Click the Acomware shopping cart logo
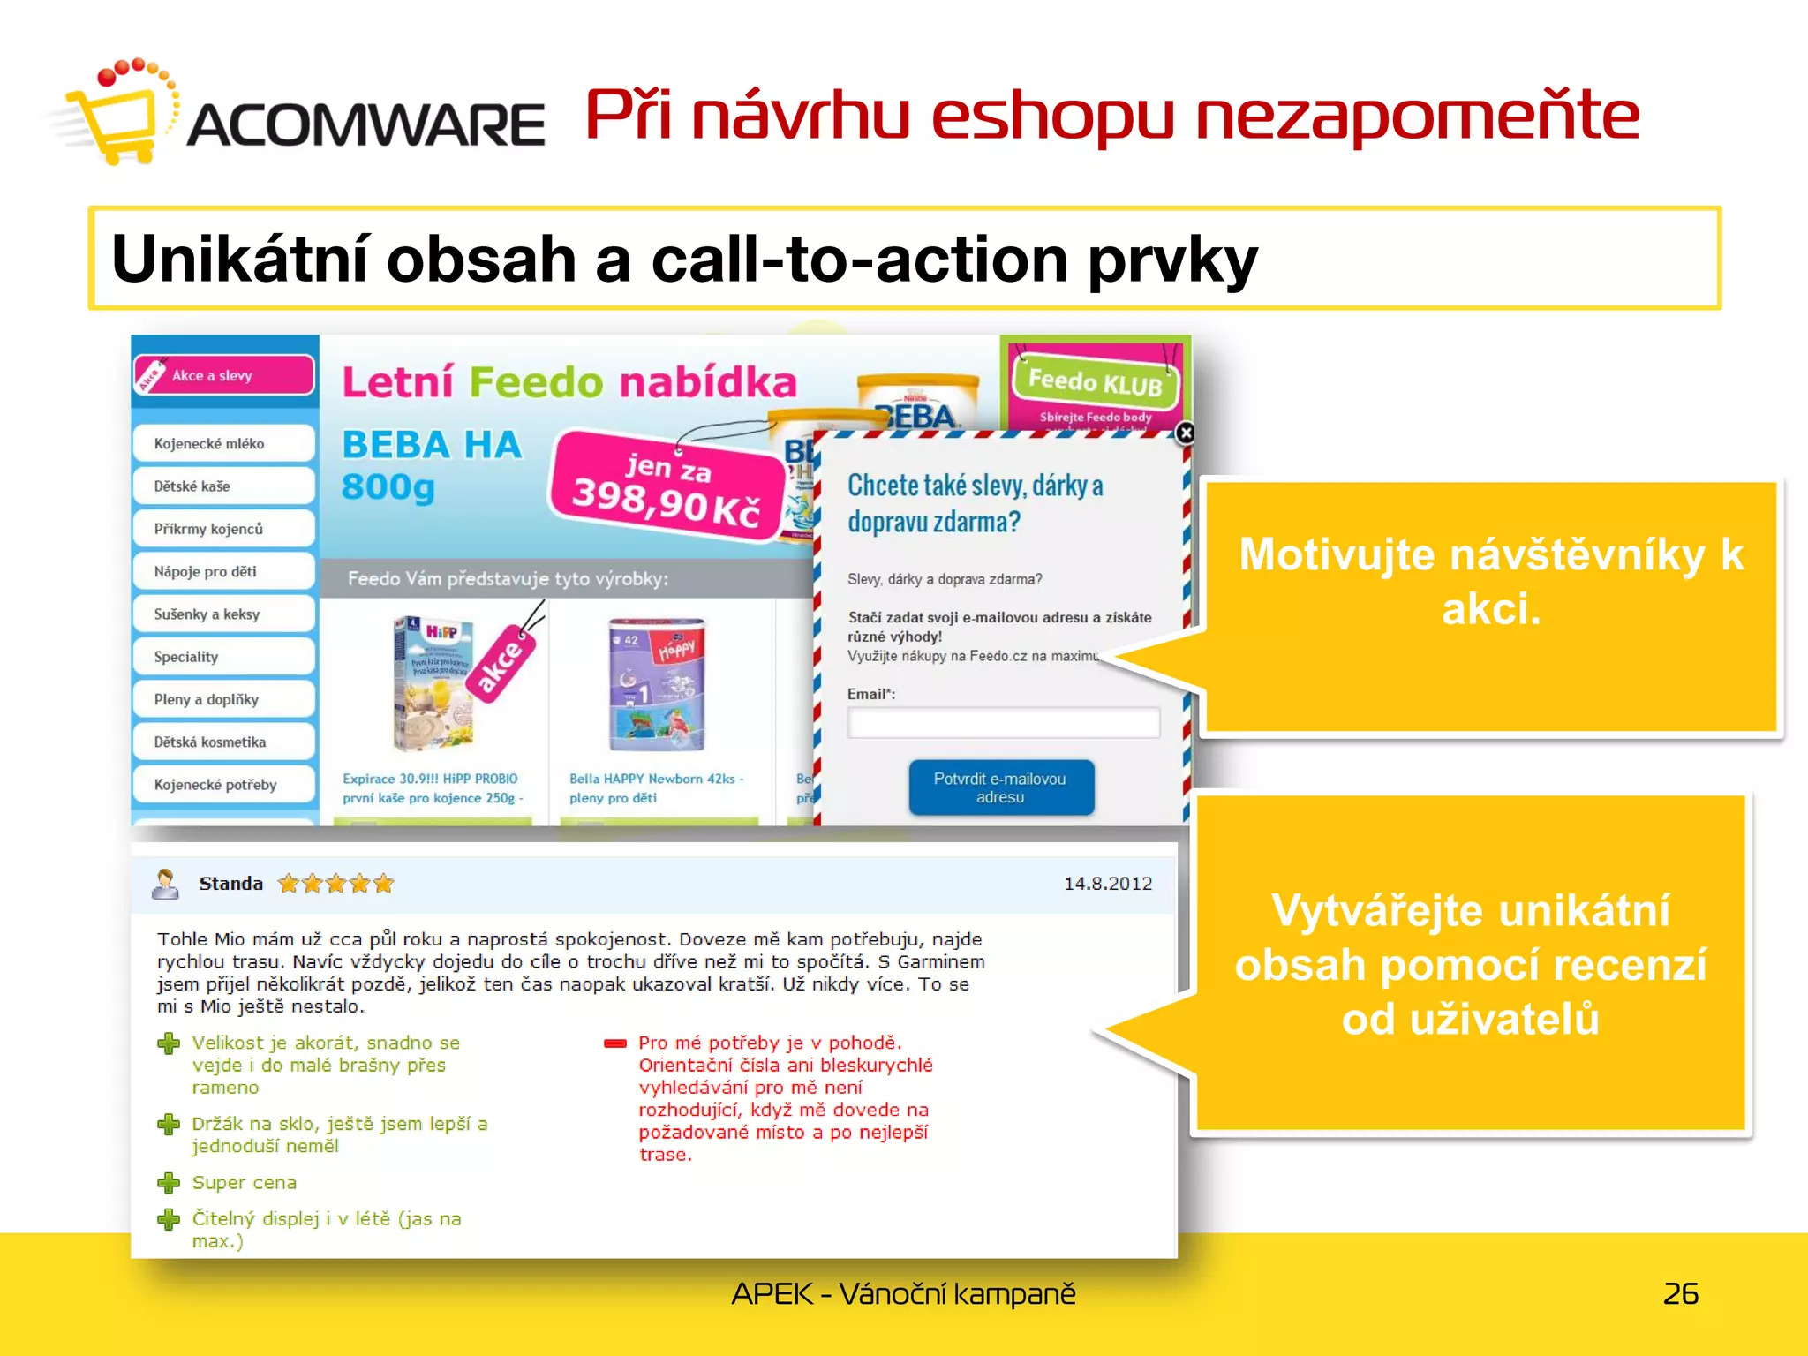point(115,115)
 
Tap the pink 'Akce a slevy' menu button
point(224,375)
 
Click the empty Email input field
point(1003,722)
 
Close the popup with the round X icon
point(1185,433)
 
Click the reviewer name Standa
point(230,884)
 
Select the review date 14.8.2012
point(1107,884)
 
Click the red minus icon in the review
point(614,1043)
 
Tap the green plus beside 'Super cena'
point(168,1183)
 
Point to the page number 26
point(1680,1293)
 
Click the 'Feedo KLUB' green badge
point(1095,381)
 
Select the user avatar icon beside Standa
point(165,884)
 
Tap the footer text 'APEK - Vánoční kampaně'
point(903,1293)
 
